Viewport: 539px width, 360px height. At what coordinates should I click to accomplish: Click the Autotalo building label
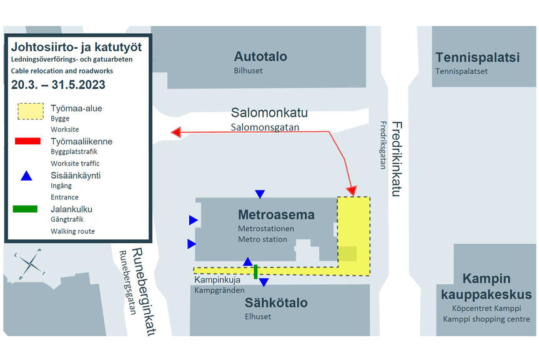[x=260, y=56]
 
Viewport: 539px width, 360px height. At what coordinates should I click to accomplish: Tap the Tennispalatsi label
[x=477, y=57]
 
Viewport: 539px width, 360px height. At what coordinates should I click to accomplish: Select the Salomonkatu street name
[x=269, y=113]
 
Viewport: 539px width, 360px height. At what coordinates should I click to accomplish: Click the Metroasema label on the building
[x=276, y=214]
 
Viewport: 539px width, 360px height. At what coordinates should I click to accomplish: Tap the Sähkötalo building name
[x=276, y=302]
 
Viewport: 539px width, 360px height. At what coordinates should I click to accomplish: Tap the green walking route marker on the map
[x=256, y=271]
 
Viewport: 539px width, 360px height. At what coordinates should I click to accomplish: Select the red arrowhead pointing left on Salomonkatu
[x=176, y=132]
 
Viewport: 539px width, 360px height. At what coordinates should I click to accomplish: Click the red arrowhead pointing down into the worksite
[x=352, y=191]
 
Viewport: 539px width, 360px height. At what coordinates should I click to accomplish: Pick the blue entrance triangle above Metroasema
[x=260, y=194]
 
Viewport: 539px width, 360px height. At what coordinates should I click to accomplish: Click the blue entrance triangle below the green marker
[x=264, y=282]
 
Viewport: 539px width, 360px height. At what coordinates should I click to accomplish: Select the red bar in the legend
[x=27, y=141]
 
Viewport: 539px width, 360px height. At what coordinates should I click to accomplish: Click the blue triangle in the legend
[x=26, y=176]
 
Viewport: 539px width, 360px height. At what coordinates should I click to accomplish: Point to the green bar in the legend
[x=26, y=209]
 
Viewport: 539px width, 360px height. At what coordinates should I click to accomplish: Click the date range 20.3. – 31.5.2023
[x=58, y=84]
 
